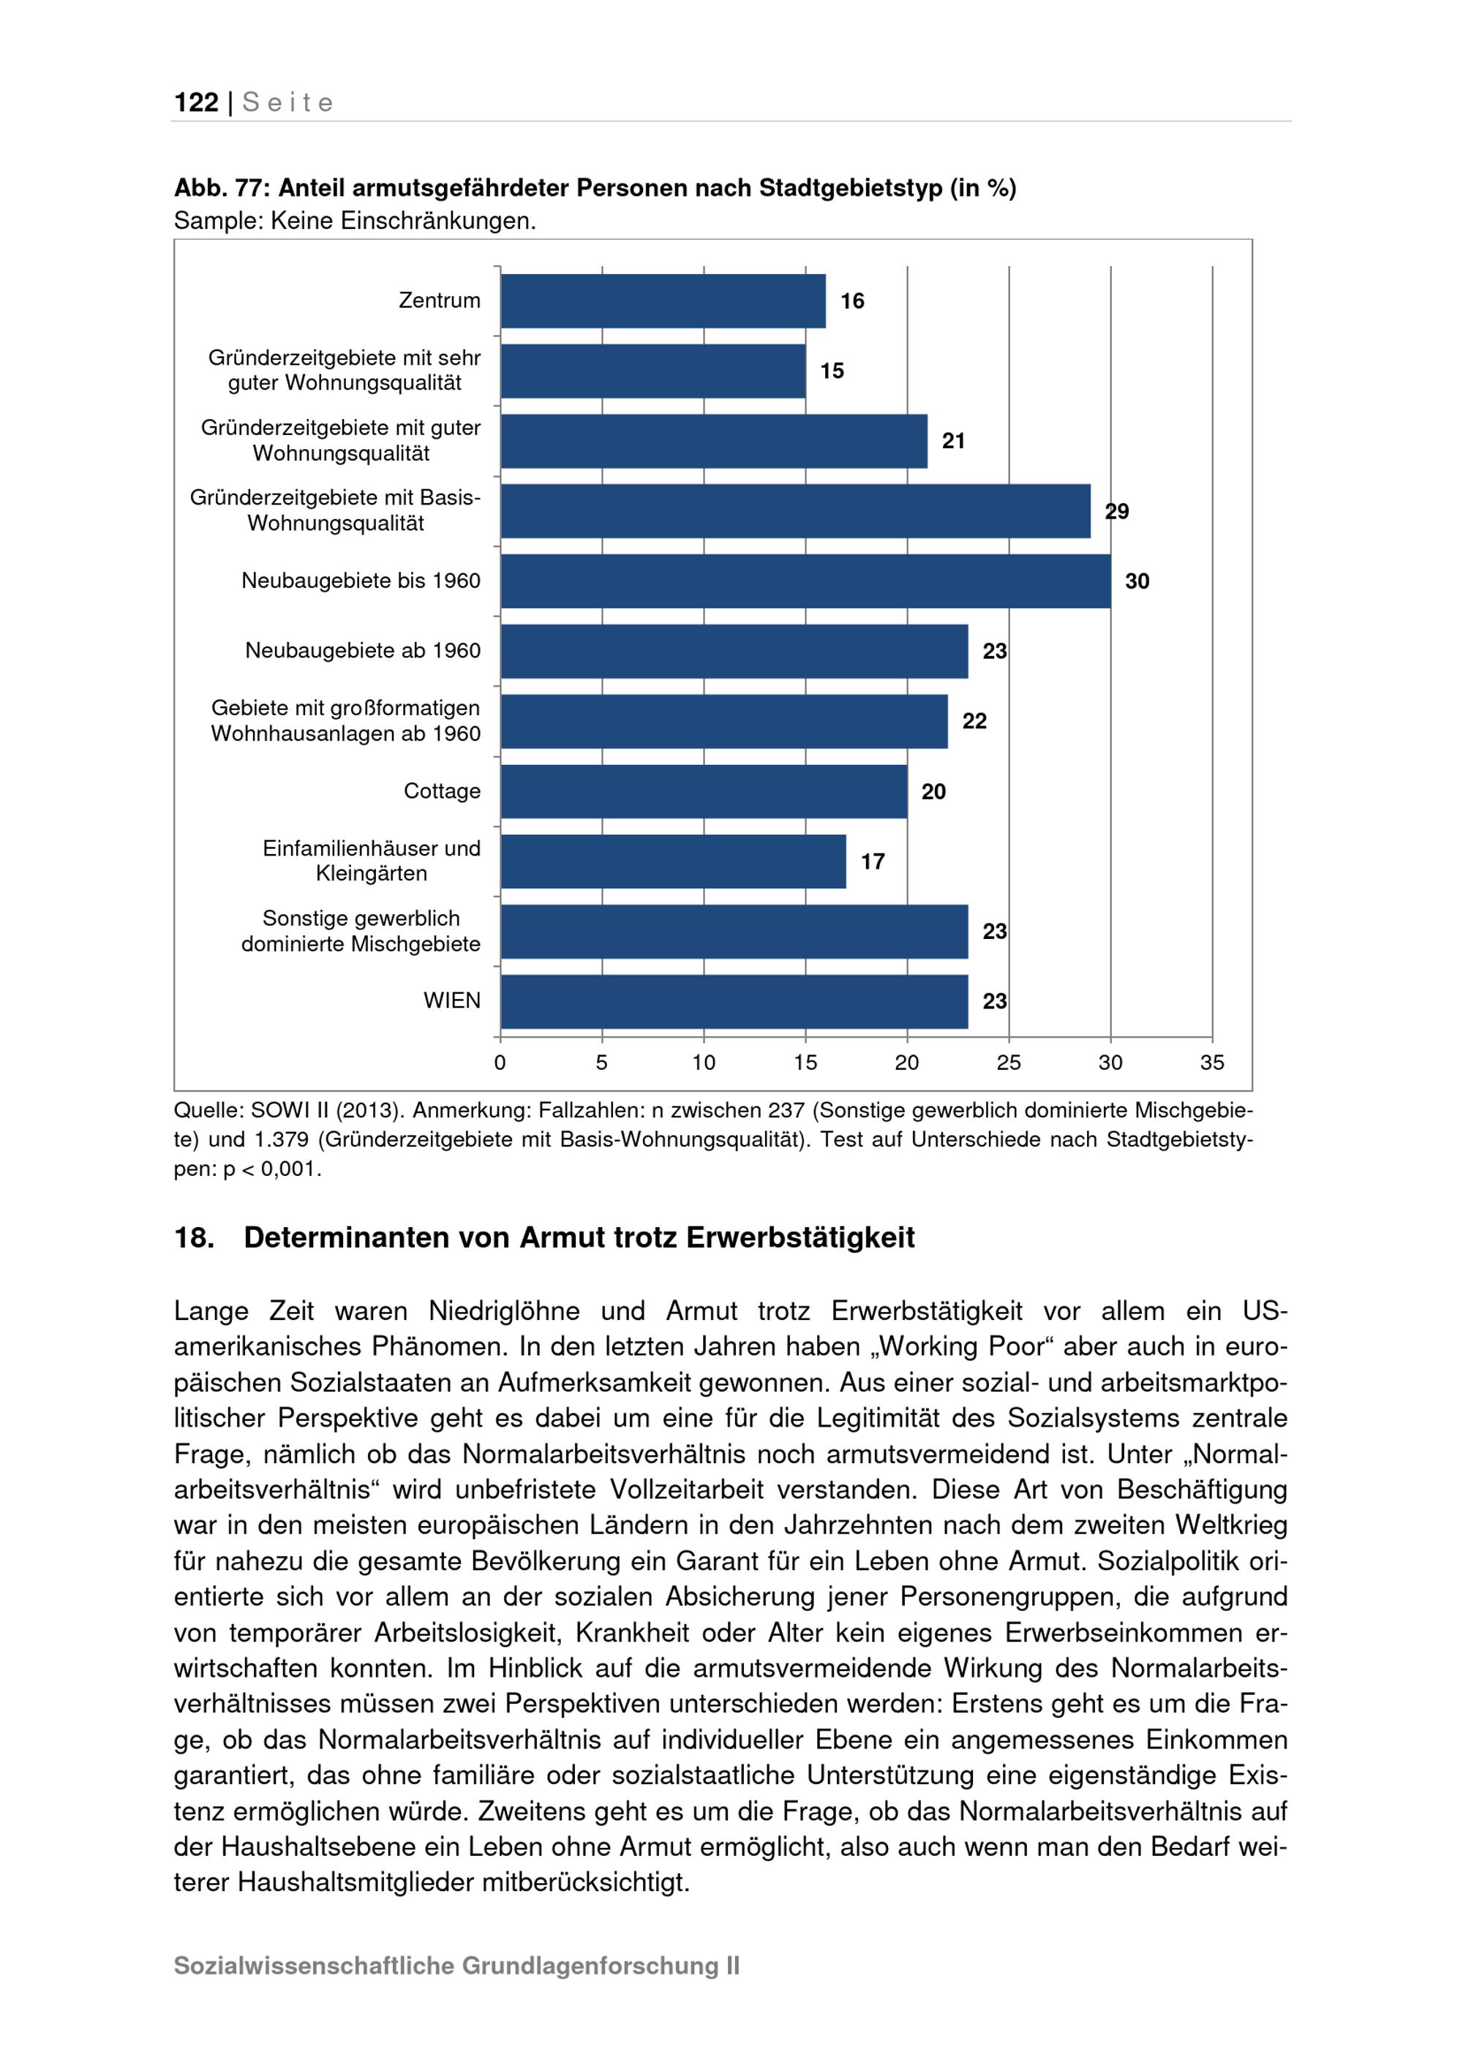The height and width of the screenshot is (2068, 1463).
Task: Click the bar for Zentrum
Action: click(663, 301)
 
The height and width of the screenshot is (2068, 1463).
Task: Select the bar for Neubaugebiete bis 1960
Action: click(805, 581)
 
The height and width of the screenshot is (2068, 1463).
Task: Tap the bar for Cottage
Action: click(704, 792)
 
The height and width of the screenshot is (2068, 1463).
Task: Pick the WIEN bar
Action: click(734, 1002)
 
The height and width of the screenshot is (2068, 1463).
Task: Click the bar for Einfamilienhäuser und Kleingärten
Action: click(673, 862)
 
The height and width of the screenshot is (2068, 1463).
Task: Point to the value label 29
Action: click(1117, 512)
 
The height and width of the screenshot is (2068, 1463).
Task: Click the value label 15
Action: click(832, 371)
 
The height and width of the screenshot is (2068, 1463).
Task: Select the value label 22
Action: click(974, 722)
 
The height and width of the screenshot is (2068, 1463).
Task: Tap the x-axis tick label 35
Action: click(1211, 1063)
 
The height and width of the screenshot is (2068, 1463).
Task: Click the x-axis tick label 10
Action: click(704, 1063)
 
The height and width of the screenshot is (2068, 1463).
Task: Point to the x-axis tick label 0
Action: click(500, 1063)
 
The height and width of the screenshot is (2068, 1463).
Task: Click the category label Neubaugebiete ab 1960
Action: click(362, 652)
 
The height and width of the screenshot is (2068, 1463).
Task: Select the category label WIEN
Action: click(451, 1000)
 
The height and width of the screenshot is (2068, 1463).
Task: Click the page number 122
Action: click(196, 102)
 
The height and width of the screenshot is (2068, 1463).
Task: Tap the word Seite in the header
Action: click(288, 102)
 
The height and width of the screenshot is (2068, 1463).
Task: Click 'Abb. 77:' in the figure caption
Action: click(221, 188)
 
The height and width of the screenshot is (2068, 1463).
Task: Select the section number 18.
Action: click(194, 1237)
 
